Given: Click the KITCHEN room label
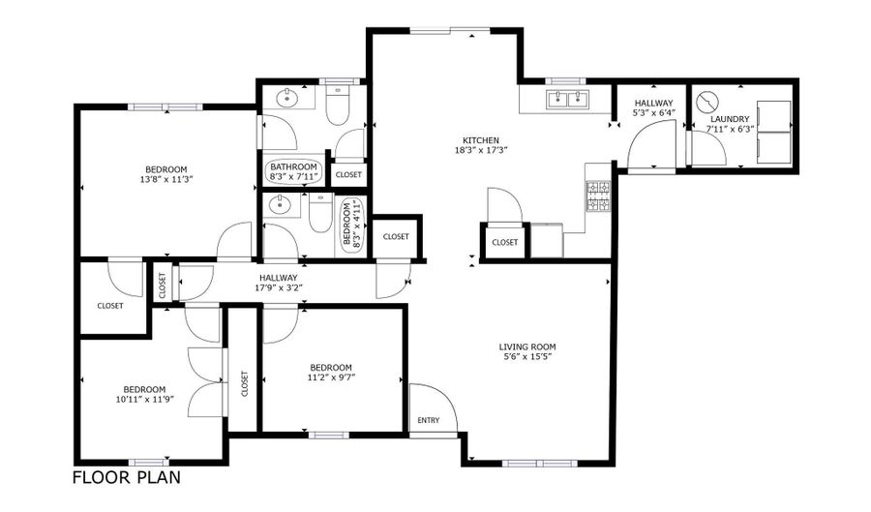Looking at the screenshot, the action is [480, 140].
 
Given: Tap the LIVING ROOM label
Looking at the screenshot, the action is [527, 347].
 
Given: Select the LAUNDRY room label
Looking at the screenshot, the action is [730, 119].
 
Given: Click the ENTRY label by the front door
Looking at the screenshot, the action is [429, 420].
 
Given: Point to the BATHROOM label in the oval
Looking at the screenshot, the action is [293, 166].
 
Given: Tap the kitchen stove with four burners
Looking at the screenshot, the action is [598, 196].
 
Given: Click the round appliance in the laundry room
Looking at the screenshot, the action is [707, 102].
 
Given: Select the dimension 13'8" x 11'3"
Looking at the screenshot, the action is [166, 179].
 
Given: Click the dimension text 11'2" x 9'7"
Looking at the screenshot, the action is [331, 377].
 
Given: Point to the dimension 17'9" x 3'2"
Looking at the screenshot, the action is [279, 287].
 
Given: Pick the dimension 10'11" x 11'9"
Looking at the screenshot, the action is [144, 399].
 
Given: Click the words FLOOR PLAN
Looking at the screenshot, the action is [127, 477].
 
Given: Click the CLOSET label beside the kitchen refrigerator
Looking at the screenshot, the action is [504, 243].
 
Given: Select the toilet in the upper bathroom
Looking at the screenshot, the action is [337, 104].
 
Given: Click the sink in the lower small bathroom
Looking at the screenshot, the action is [279, 205].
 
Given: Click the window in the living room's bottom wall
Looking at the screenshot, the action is [540, 464].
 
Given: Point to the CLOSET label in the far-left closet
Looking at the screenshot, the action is [110, 306].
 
